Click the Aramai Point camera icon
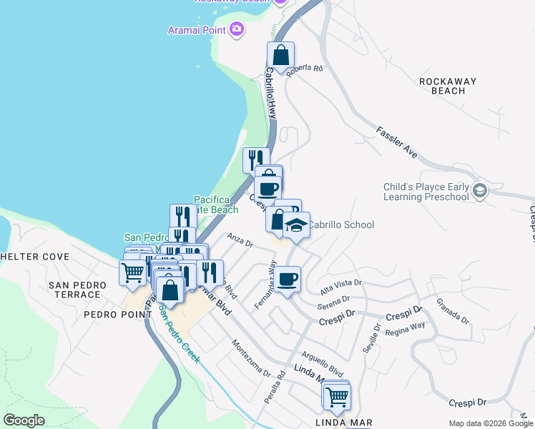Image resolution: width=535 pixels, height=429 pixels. coord(237,29)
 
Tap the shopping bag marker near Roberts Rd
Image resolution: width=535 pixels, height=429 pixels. coord(281,54)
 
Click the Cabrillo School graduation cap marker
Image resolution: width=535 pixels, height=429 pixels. coord(295,225)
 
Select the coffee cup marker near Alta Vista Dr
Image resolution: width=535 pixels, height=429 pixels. coord(288,279)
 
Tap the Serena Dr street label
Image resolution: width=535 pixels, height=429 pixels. coord(336,301)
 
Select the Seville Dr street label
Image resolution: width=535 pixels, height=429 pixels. coord(376,332)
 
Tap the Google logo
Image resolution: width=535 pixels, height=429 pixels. coord(24,420)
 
